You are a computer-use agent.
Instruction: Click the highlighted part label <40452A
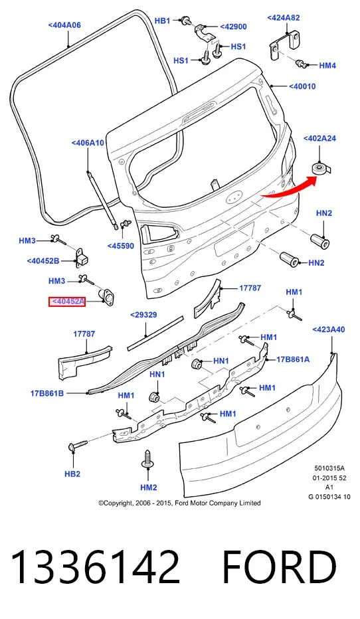pos(67,302)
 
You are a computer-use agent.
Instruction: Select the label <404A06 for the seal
pos(64,25)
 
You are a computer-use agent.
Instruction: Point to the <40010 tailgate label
pos(302,86)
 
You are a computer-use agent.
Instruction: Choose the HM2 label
pos(149,487)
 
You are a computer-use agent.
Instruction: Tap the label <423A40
pos(329,329)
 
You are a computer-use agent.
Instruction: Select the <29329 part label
pos(143,315)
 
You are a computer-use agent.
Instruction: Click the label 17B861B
pos(47,393)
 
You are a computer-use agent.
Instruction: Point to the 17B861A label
pos(293,359)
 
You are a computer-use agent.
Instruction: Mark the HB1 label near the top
pos(162,21)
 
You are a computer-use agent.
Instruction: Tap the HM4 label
pos(327,65)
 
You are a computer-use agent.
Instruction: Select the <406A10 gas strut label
pos(88,143)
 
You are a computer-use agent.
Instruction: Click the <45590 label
pos(121,246)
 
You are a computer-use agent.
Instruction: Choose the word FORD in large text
pos(280,567)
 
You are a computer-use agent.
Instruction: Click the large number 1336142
pos(96,567)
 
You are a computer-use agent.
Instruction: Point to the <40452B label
pos(43,260)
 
